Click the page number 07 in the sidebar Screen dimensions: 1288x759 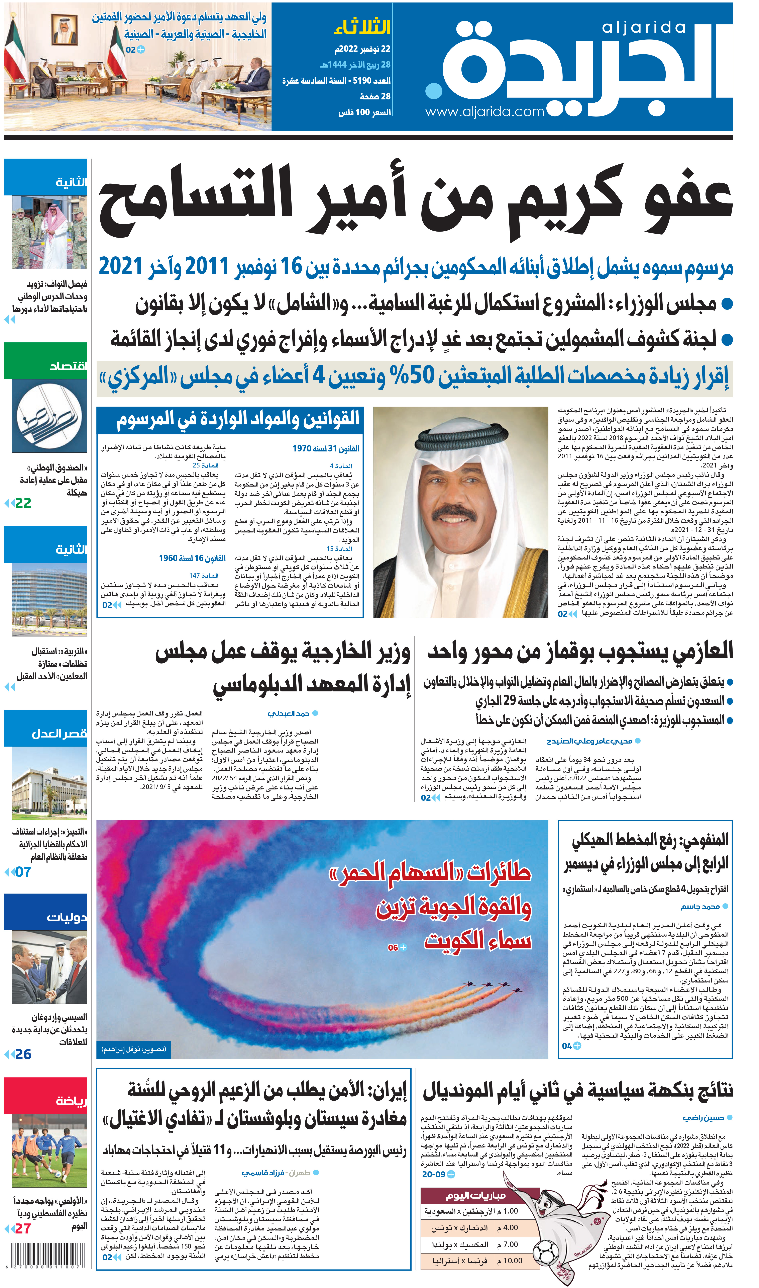(x=23, y=872)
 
